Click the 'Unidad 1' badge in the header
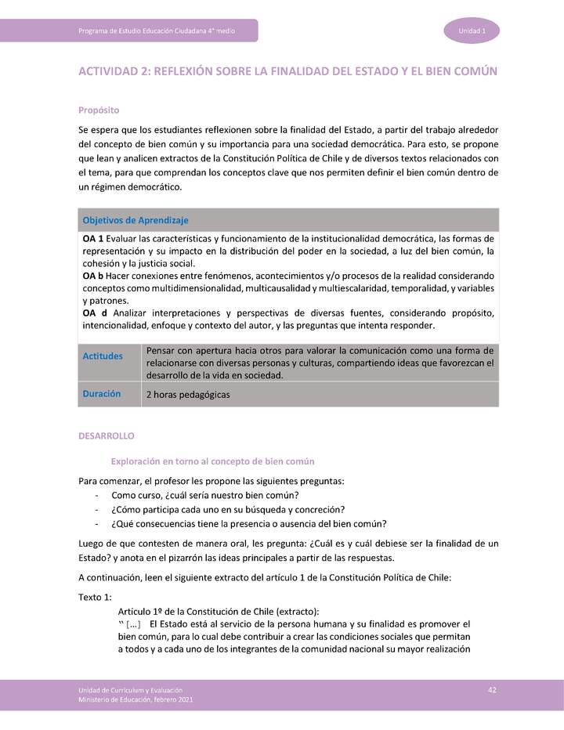pyautogui.click(x=472, y=31)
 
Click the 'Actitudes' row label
pyautogui.click(x=103, y=356)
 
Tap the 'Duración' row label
pyautogui.click(x=102, y=394)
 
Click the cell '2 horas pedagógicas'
pyautogui.click(x=188, y=395)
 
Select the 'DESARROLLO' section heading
pyautogui.click(x=107, y=435)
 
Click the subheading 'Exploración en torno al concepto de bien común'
pyautogui.click(x=213, y=461)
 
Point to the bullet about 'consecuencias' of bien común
pyautogui.click(x=249, y=523)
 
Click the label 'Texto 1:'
pyautogui.click(x=96, y=597)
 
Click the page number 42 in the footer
pyautogui.click(x=492, y=688)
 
